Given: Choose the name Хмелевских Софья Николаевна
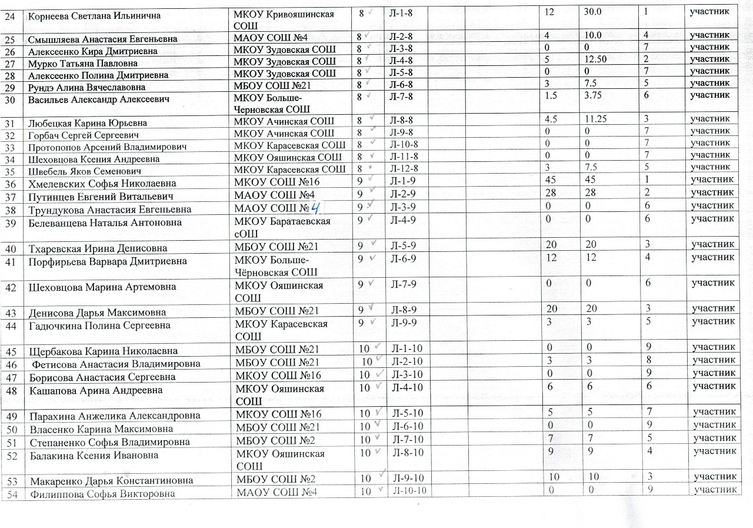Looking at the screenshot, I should click(102, 183).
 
